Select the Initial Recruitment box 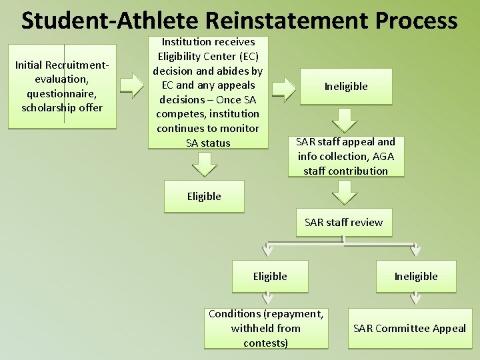62,86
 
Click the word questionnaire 62,93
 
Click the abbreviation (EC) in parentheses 245,56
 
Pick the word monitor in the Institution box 234,128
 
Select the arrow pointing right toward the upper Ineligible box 285,87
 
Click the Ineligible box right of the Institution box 346,87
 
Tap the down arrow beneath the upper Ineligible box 345,121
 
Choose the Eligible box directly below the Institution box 204,197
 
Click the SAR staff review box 344,223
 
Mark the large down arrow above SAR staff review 345,193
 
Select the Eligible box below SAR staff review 270,277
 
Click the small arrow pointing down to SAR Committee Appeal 415,298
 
